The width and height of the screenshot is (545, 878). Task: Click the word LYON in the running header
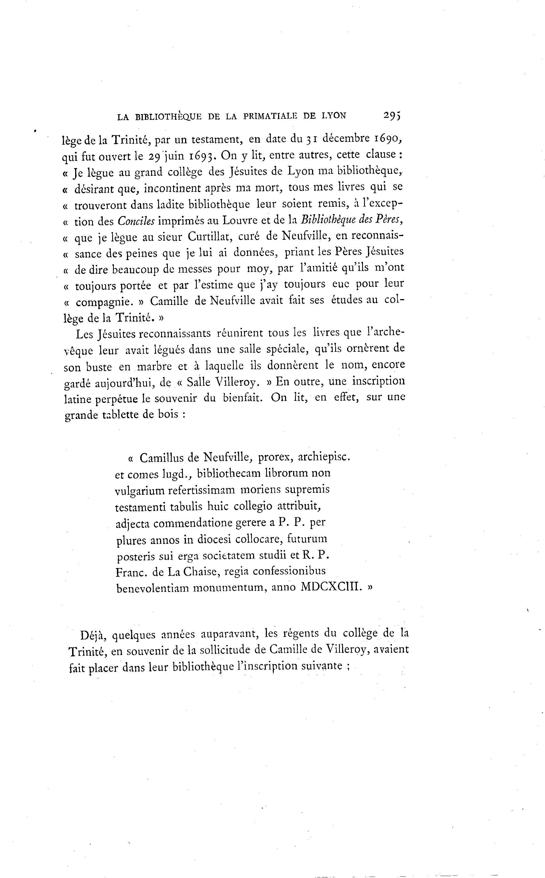pyautogui.click(x=333, y=116)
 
